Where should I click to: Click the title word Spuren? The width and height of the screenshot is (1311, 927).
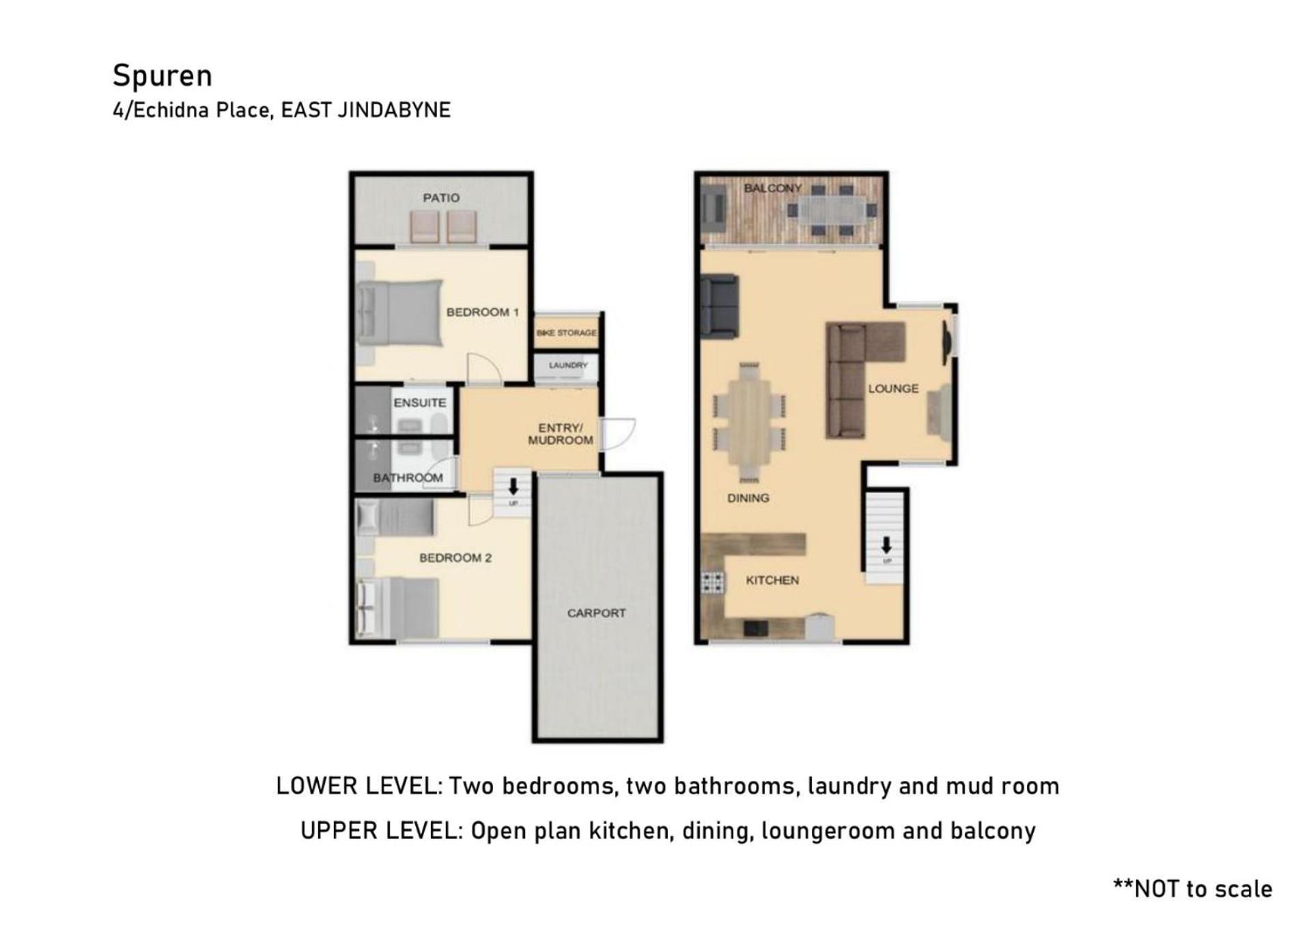[163, 76]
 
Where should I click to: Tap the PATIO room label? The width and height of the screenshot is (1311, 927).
[441, 198]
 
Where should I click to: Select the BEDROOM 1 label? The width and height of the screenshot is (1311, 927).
[483, 312]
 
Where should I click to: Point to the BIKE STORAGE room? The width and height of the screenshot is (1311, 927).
[566, 332]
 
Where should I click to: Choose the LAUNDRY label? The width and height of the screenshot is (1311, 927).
[568, 365]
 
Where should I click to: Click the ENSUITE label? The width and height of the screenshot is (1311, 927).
[420, 403]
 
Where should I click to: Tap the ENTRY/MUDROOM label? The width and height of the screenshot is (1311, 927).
[561, 434]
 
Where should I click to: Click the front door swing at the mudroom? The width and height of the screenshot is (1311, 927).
[619, 434]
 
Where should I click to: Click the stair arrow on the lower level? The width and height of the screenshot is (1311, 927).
[513, 486]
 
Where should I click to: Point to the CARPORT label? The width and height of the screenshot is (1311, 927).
[596, 613]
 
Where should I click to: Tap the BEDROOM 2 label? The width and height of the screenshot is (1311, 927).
[455, 558]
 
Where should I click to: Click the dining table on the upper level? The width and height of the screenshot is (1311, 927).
[749, 422]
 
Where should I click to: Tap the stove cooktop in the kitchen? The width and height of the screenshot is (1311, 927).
[713, 582]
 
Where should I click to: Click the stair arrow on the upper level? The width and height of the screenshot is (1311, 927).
[886, 545]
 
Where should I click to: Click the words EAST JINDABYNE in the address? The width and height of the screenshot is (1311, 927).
[366, 110]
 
